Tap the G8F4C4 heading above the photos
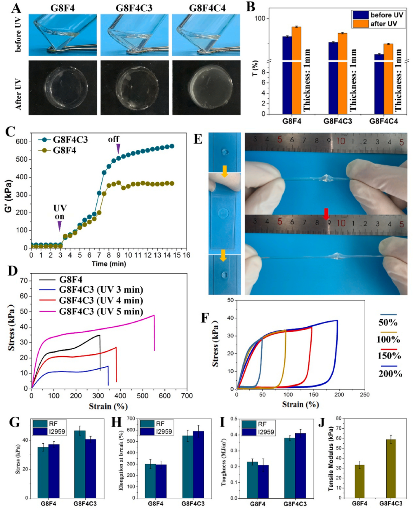[x=207, y=8]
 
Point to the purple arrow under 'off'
[x=118, y=148]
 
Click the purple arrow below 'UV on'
[x=60, y=226]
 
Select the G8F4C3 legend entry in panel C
[x=70, y=140]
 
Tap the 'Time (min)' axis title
[x=109, y=264]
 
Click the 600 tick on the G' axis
[x=21, y=141]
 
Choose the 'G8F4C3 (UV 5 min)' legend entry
[x=101, y=311]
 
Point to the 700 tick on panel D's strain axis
[x=187, y=396]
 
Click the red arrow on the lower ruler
[x=326, y=214]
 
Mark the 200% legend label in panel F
[x=390, y=373]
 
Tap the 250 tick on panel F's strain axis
[x=364, y=395]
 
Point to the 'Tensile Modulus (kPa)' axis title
[x=331, y=459]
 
